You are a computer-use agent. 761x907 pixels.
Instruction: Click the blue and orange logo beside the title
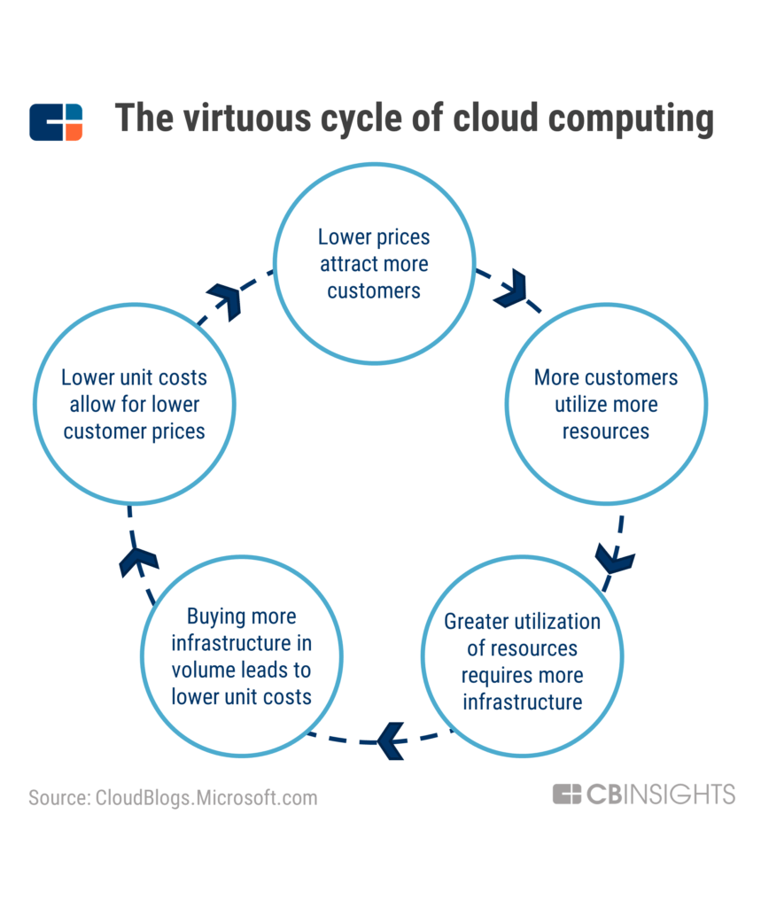(56, 122)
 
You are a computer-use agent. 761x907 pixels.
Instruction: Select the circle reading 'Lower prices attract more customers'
(373, 263)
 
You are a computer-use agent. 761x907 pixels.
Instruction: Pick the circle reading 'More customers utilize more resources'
(606, 405)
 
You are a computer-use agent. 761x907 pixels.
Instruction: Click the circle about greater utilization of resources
(523, 661)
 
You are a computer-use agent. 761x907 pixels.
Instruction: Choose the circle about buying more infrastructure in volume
(242, 656)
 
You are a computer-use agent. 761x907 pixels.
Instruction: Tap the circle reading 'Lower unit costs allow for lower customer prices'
(133, 405)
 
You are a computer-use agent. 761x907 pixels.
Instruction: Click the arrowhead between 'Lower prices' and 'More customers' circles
(511, 289)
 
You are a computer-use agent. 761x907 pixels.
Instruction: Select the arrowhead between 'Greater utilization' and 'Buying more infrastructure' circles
(390, 740)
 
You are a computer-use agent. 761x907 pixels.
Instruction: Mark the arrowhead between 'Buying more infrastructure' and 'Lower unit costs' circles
(138, 561)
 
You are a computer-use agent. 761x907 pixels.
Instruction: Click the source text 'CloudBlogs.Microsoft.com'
(205, 797)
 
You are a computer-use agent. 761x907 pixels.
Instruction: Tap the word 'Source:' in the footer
(58, 797)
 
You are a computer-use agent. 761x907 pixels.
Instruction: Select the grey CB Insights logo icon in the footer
(567, 794)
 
